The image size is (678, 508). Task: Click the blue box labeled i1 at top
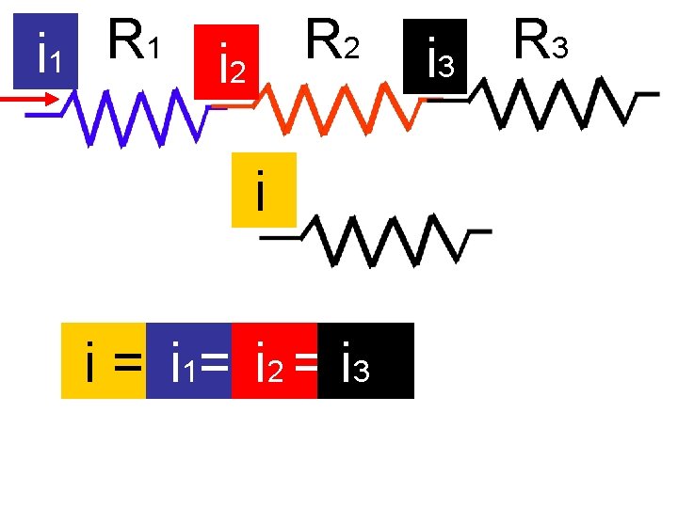pyautogui.click(x=44, y=52)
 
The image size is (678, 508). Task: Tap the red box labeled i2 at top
pyautogui.click(x=226, y=61)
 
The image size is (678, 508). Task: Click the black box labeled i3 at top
pyautogui.click(x=434, y=57)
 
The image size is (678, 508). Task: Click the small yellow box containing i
pyautogui.click(x=263, y=189)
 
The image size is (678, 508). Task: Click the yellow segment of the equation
pyautogui.click(x=104, y=361)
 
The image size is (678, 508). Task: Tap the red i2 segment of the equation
pyautogui.click(x=275, y=361)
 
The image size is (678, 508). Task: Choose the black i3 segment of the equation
pyautogui.click(x=366, y=361)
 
